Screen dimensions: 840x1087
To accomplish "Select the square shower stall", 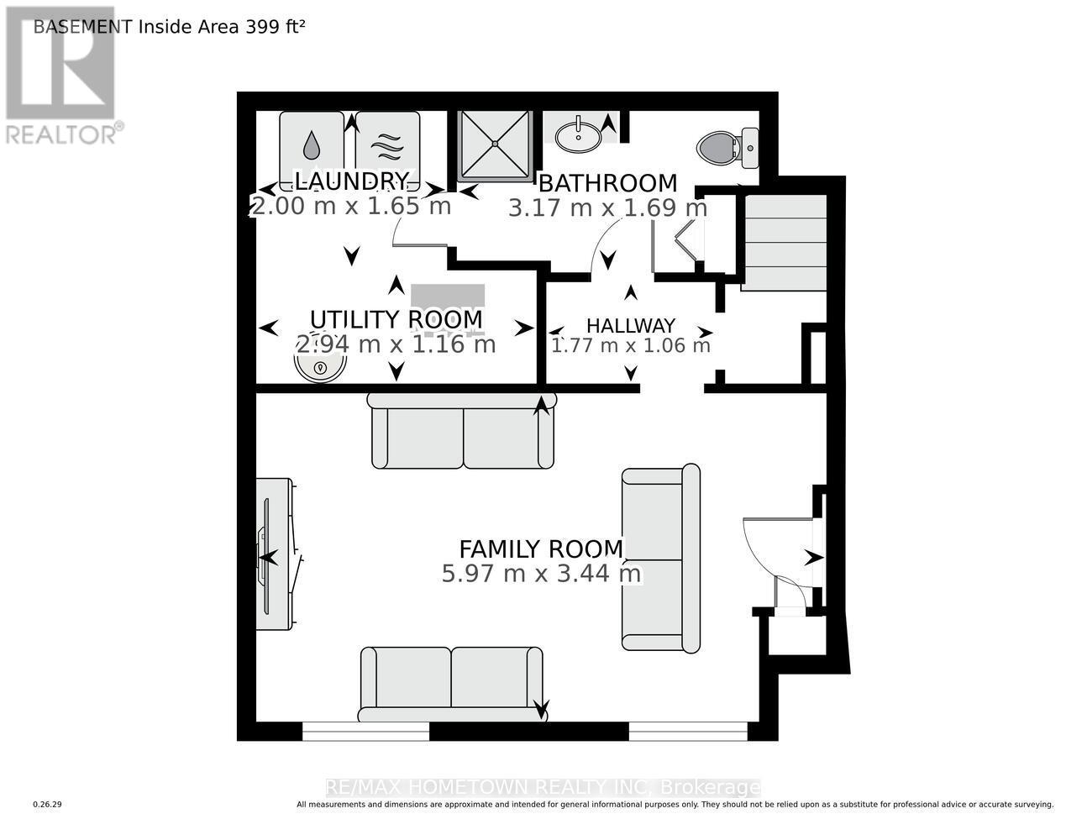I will (496, 144).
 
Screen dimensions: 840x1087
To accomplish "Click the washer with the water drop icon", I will (312, 145).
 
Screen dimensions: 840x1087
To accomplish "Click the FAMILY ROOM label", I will (541, 549).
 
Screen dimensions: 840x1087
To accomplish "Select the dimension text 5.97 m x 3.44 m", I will (541, 575).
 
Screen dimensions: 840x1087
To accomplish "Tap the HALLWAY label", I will (630, 326).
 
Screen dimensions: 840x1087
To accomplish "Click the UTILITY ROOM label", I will (396, 319).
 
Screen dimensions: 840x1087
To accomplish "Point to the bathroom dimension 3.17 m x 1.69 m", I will (607, 207).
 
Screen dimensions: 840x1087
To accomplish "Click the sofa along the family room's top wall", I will (462, 431).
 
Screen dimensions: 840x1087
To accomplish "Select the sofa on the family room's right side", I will (660, 559).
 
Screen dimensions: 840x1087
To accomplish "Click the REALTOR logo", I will (61, 76).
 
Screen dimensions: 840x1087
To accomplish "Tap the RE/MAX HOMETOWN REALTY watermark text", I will (543, 788).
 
